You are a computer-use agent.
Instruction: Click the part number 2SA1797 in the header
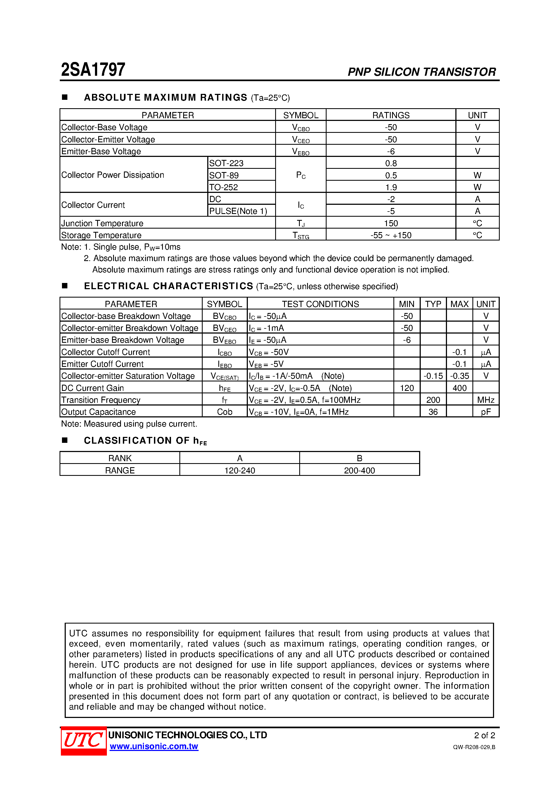(x=93, y=70)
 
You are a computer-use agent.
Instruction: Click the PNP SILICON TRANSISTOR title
(x=422, y=72)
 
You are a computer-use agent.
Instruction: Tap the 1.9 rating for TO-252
(x=391, y=187)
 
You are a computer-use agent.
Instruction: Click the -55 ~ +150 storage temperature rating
(x=391, y=235)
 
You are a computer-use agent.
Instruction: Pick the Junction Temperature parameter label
(x=102, y=223)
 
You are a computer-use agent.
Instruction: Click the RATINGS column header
(x=391, y=115)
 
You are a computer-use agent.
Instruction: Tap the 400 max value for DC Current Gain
(x=459, y=388)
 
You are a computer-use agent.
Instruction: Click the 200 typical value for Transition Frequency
(x=433, y=400)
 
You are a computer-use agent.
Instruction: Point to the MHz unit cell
(x=486, y=400)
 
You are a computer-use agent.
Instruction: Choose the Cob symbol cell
(x=224, y=412)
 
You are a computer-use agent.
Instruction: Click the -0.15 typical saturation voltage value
(x=433, y=376)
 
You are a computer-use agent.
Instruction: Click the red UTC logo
(x=83, y=740)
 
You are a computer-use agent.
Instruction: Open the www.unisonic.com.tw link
(x=154, y=747)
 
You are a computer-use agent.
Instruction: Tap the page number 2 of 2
(x=484, y=736)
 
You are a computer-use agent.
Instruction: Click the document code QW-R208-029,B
(x=474, y=747)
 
